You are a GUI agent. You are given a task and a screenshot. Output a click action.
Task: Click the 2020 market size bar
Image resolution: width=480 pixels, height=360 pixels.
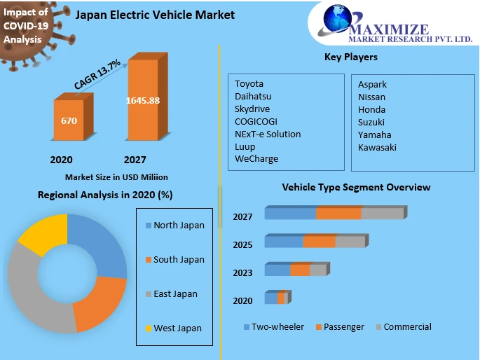click(x=69, y=121)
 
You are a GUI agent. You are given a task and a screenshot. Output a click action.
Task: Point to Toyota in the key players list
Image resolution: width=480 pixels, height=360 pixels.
click(x=249, y=84)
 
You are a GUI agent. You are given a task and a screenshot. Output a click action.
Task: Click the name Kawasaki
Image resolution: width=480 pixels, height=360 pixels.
click(x=377, y=147)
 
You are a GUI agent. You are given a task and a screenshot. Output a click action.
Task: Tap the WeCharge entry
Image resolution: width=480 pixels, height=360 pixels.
click(x=256, y=159)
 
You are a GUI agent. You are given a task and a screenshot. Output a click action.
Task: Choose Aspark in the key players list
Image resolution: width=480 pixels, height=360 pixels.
click(x=372, y=85)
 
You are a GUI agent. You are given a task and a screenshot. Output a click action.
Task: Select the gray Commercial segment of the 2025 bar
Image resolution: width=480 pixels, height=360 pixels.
click(x=350, y=242)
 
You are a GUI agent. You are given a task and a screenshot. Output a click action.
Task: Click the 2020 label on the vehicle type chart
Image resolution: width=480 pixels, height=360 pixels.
click(x=242, y=301)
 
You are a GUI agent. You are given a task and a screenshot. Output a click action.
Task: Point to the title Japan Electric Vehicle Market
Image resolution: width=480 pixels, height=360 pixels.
click(x=155, y=15)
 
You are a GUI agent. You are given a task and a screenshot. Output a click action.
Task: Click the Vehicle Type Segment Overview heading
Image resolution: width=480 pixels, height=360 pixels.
click(x=356, y=188)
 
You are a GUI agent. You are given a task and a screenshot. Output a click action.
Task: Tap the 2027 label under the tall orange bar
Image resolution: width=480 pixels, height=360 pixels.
click(x=135, y=160)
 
